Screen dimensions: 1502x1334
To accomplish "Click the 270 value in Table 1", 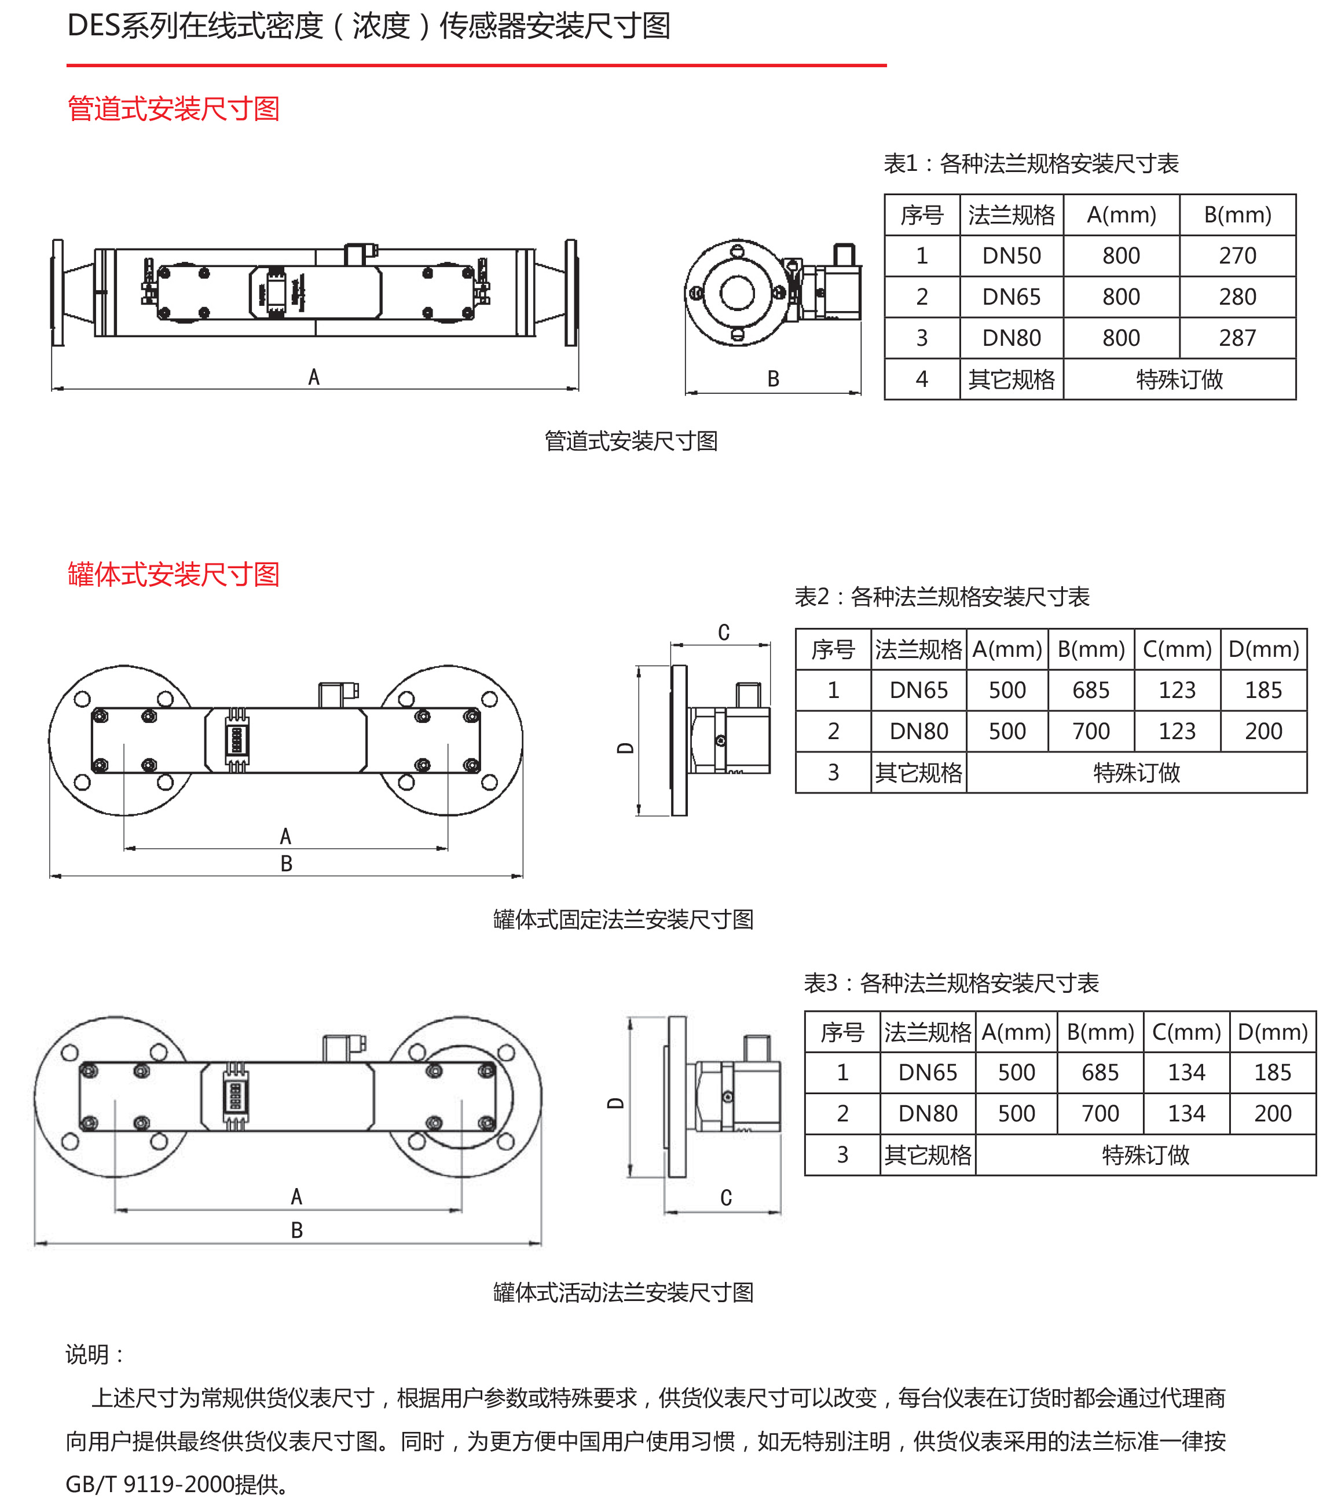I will (x=1237, y=255).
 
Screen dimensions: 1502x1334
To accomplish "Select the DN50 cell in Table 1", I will (x=1012, y=255).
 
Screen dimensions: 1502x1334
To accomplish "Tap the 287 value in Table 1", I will (x=1237, y=338).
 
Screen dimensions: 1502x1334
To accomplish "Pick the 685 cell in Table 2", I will (x=1091, y=690).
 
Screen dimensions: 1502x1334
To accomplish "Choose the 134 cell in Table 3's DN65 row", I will (x=1186, y=1072).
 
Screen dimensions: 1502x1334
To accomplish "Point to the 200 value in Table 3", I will (x=1272, y=1113).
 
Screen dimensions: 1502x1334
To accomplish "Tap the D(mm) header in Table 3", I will (x=1272, y=1032).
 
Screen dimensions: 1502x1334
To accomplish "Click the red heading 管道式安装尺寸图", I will (x=173, y=109).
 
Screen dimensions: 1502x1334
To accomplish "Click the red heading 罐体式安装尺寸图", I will (x=173, y=574).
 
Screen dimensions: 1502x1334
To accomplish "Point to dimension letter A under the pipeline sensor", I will (x=314, y=377).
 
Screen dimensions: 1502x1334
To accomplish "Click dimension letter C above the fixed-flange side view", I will (x=724, y=633).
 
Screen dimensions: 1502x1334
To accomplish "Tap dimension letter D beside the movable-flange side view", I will (x=615, y=1103).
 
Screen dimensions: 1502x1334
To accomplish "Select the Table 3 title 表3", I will (x=820, y=982).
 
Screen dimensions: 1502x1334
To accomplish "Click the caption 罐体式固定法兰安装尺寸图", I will (x=623, y=919).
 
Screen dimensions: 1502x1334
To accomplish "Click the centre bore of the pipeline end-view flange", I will (x=737, y=293).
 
